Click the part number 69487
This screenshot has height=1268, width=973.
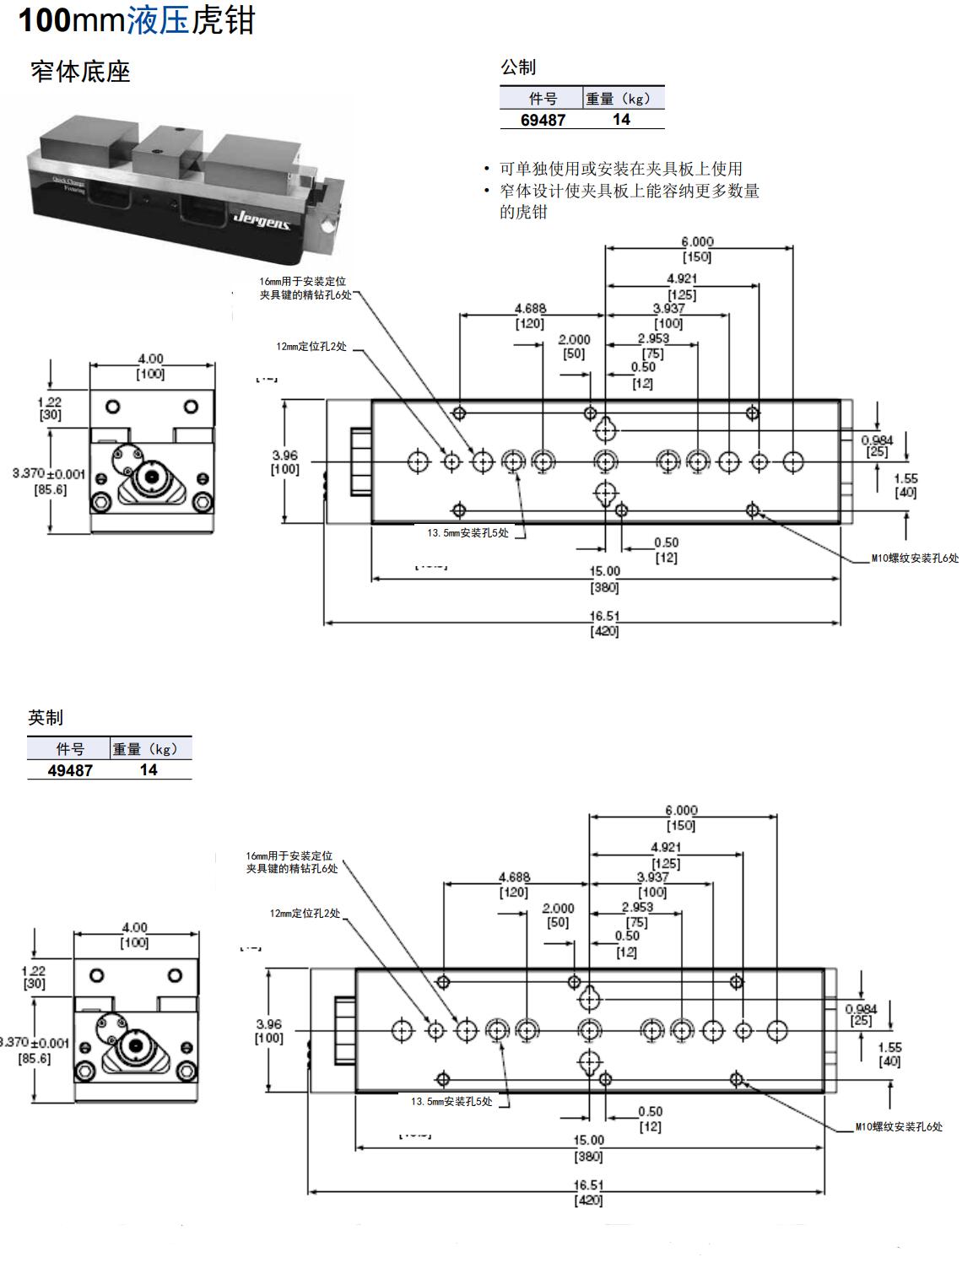543,120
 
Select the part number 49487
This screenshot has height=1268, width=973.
70,770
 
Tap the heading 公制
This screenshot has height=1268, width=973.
518,67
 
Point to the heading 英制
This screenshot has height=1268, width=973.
46,718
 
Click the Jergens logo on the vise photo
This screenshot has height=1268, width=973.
262,220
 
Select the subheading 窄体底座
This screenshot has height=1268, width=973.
80,72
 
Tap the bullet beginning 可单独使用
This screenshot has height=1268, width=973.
620,169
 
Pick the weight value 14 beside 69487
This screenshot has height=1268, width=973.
621,120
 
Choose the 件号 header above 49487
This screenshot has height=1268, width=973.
70,749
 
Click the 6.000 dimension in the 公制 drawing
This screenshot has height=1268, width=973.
697,241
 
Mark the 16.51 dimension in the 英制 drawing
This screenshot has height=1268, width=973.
588,1185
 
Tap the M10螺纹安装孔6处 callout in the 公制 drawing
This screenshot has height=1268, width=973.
915,558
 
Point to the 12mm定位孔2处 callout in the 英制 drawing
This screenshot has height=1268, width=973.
305,914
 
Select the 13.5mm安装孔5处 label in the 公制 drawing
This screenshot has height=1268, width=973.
468,533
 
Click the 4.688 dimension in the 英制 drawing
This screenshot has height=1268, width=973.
514,877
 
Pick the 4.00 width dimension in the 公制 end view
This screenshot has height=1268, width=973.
150,359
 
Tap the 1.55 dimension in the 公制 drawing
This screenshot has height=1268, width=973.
905,478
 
